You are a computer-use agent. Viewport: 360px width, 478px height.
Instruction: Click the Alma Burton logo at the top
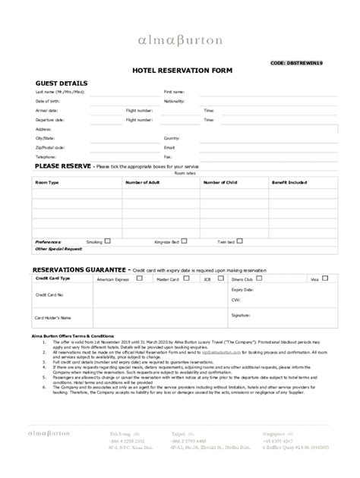click(x=180, y=39)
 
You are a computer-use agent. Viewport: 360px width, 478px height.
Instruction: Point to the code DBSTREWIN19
click(x=306, y=63)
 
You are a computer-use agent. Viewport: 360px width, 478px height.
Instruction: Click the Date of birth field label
click(x=48, y=101)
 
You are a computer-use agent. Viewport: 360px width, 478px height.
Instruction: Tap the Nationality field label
click(x=175, y=101)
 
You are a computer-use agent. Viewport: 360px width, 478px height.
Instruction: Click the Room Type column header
click(x=47, y=183)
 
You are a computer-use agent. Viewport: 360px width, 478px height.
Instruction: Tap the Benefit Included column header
click(x=289, y=183)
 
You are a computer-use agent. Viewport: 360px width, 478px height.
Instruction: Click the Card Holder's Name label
click(x=54, y=317)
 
